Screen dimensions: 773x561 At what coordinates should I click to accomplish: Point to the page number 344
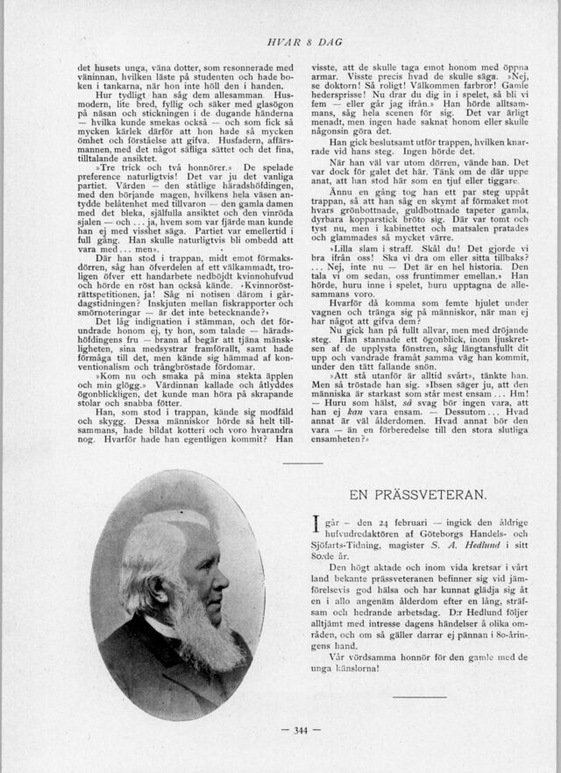[301, 730]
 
